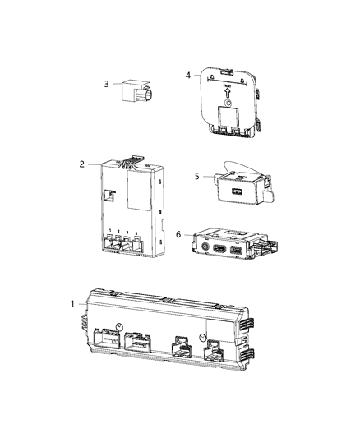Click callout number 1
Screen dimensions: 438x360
click(x=72, y=305)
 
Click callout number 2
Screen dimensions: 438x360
click(x=82, y=164)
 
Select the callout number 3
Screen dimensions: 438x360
click(x=106, y=83)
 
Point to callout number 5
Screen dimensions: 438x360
click(x=196, y=175)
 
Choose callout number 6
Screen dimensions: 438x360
click(x=178, y=234)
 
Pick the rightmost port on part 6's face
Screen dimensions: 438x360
click(x=237, y=250)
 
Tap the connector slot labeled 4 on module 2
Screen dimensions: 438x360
click(x=138, y=244)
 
